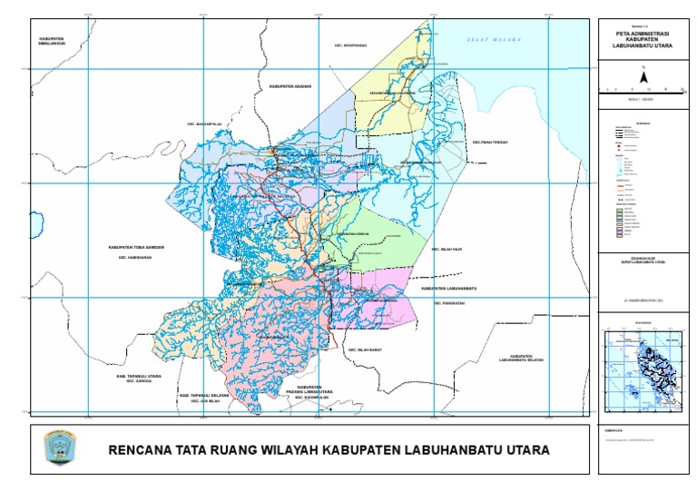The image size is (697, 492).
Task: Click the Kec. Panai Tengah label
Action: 495,142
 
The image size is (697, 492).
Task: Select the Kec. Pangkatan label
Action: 448,304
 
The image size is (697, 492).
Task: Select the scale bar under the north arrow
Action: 643,89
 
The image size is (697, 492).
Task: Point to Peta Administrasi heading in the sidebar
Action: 643,35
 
